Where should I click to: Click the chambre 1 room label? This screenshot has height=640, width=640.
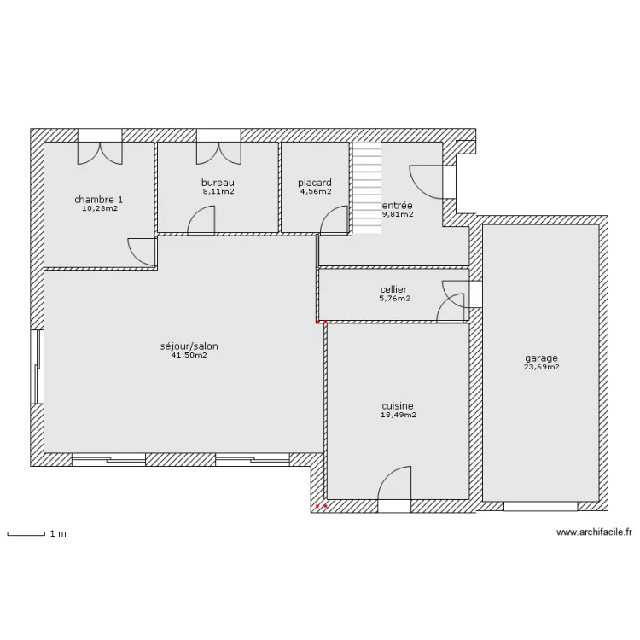tap(98, 200)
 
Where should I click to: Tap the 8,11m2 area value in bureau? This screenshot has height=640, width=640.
tap(218, 191)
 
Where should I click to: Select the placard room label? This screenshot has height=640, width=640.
tap(315, 183)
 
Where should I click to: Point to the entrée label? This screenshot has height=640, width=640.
tap(397, 206)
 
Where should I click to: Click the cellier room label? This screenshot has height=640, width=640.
tap(394, 289)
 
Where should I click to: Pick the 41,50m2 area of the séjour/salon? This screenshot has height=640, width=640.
tap(189, 355)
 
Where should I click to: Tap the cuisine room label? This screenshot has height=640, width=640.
tap(398, 405)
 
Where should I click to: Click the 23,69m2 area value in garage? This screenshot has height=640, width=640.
tap(541, 367)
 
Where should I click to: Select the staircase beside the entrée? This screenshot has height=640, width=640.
tap(367, 188)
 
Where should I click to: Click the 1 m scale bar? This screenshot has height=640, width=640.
tap(26, 533)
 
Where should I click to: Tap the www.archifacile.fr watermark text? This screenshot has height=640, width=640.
tap(594, 532)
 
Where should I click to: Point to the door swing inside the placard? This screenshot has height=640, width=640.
tap(335, 219)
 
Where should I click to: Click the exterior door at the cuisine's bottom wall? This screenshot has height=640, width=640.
tap(394, 489)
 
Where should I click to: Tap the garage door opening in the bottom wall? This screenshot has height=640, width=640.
tap(541, 506)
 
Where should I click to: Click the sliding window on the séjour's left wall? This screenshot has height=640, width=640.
tap(38, 367)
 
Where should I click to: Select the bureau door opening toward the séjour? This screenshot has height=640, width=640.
tap(201, 220)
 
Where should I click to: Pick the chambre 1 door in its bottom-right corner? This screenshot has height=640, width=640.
tap(142, 252)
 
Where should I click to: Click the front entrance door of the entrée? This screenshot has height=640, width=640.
tap(433, 182)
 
